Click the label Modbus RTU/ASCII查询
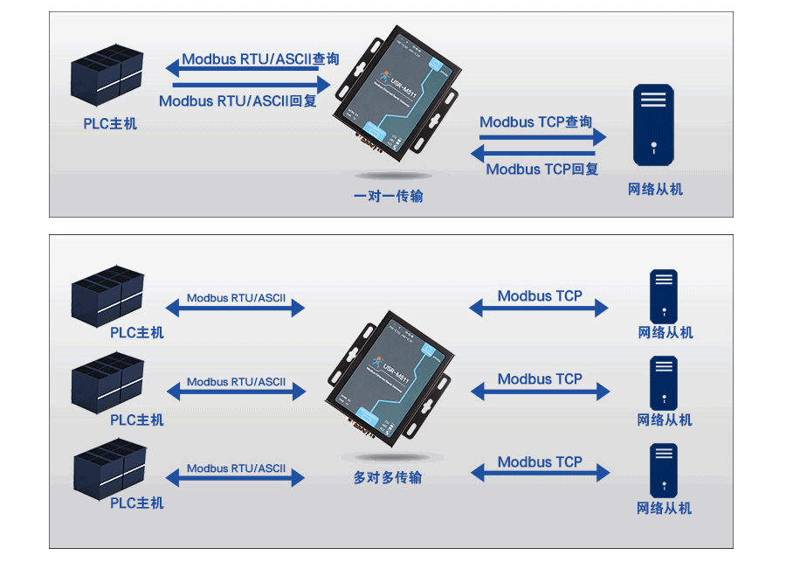259,59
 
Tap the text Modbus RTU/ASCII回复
238,101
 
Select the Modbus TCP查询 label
535,122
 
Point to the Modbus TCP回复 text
541,169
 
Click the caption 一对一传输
388,196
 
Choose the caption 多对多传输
388,478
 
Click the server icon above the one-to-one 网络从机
653,124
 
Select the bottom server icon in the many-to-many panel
664,470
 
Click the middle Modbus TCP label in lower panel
539,378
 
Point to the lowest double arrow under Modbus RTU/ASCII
235,477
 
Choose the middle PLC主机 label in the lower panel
136,420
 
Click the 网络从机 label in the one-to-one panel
655,189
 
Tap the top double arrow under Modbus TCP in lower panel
539,308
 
